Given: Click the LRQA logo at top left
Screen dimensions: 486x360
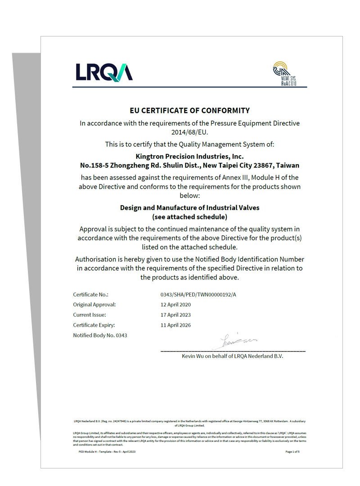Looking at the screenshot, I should tap(104, 72).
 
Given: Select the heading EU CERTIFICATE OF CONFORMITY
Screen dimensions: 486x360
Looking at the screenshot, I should tap(189, 110).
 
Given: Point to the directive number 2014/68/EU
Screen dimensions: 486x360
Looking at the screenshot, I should tap(189, 132).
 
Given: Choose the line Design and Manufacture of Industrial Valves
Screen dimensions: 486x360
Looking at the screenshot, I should tap(189, 208).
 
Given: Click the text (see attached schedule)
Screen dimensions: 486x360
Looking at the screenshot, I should tap(189, 217).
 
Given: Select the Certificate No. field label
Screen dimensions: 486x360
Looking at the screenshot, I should tap(91, 295).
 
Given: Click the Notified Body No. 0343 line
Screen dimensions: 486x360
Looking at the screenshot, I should tap(100, 335).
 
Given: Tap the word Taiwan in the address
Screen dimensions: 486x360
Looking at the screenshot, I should tap(288, 166).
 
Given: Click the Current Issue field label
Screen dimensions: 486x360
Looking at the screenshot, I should tap(90, 315).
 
